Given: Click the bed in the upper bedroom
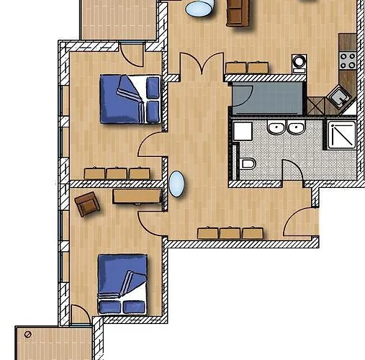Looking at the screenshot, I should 130,99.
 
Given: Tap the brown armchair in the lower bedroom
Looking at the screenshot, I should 86,204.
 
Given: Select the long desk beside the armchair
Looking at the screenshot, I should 136,195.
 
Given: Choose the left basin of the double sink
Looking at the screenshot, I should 276,129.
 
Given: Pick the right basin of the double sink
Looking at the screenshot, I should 295,129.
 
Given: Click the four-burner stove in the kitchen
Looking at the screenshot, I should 348,58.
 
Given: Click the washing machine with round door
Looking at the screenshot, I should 299,63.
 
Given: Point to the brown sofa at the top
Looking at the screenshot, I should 237,12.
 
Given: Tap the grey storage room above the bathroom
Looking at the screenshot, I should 266,98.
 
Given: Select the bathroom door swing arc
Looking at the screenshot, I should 291,171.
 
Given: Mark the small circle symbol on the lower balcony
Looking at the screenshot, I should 27,335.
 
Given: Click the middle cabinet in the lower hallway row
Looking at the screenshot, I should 230,233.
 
